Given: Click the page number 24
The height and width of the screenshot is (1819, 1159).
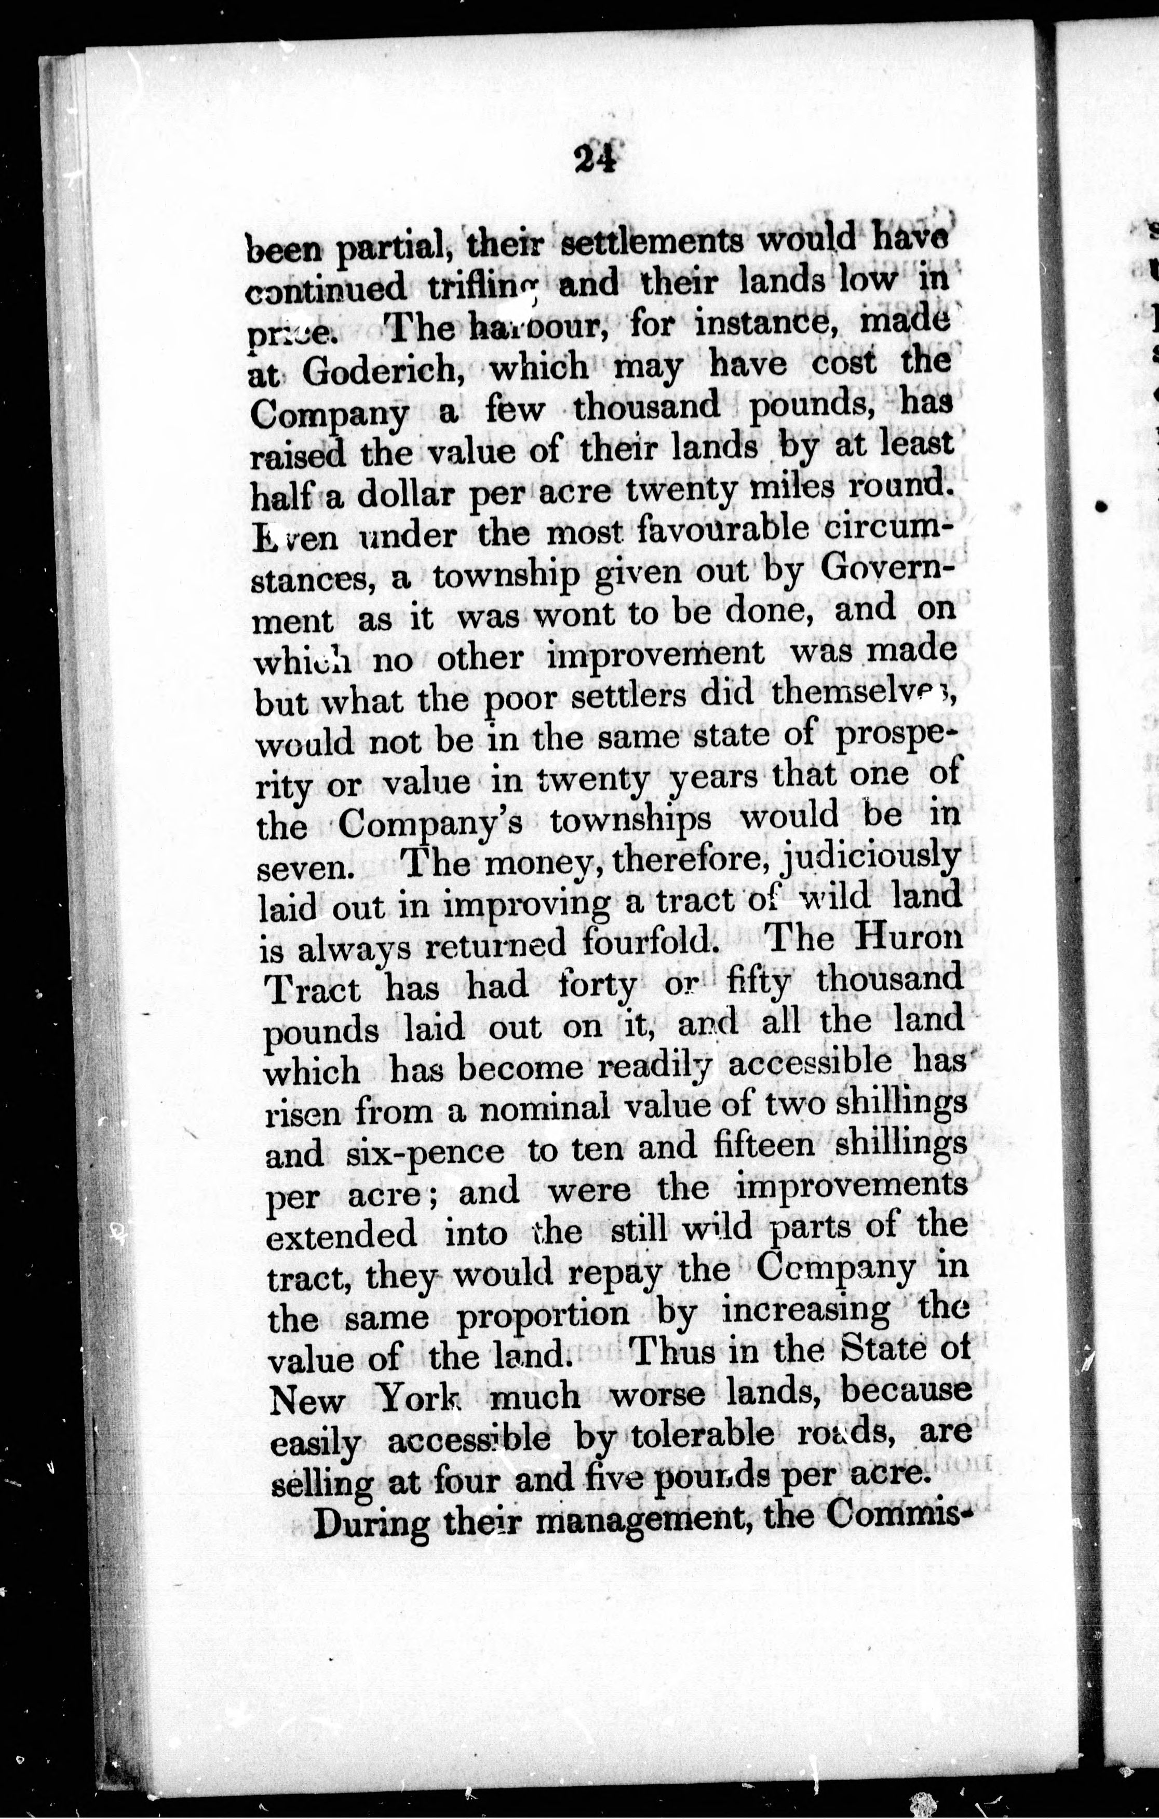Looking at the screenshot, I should pos(596,160).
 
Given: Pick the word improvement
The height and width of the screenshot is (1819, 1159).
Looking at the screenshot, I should pos(655,654).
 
